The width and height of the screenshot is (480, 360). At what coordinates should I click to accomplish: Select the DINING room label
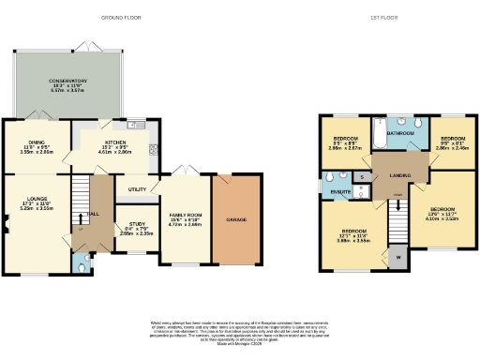pyautogui.click(x=37, y=143)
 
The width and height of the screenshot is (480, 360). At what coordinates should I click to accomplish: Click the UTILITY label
pyautogui.click(x=137, y=189)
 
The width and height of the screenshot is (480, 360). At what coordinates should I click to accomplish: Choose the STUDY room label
pyautogui.click(x=137, y=224)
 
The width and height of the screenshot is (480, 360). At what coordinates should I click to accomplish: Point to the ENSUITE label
pyautogui.click(x=340, y=191)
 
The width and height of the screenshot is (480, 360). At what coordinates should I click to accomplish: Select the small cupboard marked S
pyautogui.click(x=361, y=175)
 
